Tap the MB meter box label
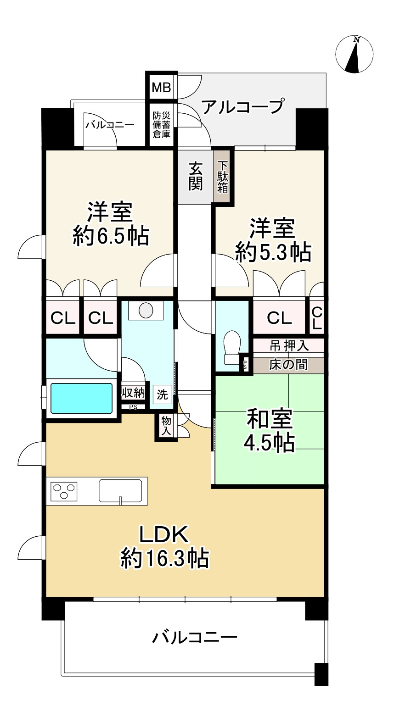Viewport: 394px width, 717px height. click(162, 87)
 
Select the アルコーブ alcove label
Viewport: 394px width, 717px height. click(243, 106)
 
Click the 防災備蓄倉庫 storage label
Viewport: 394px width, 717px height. click(162, 125)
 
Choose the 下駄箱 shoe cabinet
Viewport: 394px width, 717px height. click(222, 177)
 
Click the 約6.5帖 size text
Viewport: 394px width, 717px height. click(111, 236)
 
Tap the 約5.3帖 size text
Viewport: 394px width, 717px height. click(273, 253)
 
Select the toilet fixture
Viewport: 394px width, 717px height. click(232, 347)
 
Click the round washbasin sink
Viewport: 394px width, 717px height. click(146, 310)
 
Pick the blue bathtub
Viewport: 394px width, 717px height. click(81, 398)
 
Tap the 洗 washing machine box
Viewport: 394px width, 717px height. click(163, 395)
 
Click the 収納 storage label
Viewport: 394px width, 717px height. click(133, 393)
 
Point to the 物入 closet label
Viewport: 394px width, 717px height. click(166, 426)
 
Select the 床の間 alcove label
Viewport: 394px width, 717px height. click(288, 365)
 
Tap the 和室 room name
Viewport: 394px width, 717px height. click(270, 419)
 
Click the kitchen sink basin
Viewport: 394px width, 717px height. click(120, 491)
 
